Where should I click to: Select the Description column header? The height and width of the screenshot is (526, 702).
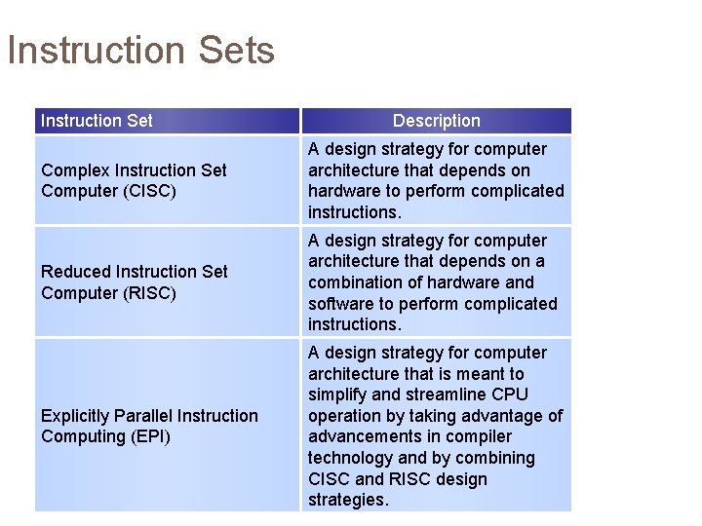pyautogui.click(x=436, y=121)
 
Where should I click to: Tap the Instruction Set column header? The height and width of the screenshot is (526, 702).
pyautogui.click(x=97, y=121)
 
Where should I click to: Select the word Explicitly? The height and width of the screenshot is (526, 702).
pyautogui.click(x=75, y=416)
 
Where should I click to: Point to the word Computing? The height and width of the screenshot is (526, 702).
pyautogui.click(x=77, y=436)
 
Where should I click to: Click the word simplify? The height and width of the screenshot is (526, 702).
pyautogui.click(x=338, y=394)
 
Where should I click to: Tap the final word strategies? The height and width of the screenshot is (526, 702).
pyautogui.click(x=347, y=500)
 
